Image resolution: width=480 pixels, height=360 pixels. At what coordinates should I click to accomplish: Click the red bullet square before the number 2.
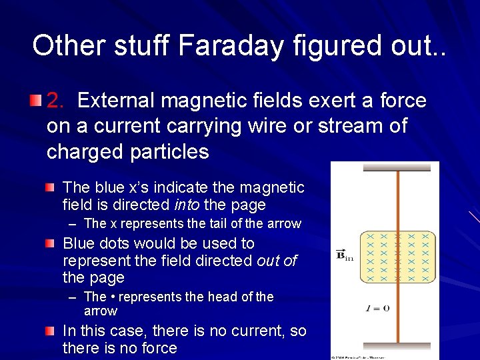[x=35, y=101]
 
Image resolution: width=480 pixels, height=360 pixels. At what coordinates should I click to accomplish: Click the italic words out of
[x=277, y=261]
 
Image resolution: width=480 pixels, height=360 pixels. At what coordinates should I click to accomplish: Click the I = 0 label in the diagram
[x=377, y=308]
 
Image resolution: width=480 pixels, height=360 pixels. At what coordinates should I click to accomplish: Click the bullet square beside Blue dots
[x=51, y=244]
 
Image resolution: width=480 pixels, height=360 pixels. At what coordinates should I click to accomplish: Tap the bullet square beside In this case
[x=51, y=331]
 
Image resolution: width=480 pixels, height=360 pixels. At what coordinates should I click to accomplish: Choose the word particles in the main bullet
[x=170, y=152]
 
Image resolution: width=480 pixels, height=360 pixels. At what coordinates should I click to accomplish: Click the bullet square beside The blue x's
[x=51, y=188]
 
